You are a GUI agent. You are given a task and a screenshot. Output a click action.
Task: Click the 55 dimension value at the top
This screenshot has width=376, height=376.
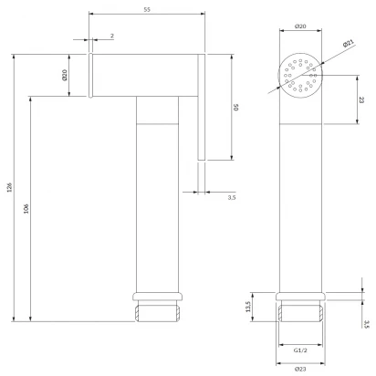coord(147,9)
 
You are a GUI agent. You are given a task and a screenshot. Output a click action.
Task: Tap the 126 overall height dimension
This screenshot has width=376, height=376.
coord(9,187)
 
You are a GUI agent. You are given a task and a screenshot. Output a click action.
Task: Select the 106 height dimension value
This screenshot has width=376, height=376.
coord(26,208)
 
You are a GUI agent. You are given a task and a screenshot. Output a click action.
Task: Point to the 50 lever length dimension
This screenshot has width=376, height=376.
coord(236,107)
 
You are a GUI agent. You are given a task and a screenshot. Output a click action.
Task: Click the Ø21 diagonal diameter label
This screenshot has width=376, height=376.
coord(349,44)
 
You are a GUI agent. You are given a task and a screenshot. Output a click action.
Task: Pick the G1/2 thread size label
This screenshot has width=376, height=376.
coord(300,350)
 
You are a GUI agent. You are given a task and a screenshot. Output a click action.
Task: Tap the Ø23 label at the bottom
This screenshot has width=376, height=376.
coord(300,369)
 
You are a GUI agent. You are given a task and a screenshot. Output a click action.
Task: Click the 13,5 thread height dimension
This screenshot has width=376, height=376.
coord(247,307)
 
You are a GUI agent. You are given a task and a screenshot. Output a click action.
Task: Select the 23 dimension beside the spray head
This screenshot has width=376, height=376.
coord(361,99)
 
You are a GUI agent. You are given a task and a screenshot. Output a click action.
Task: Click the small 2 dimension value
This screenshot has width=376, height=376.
coord(112,36)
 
